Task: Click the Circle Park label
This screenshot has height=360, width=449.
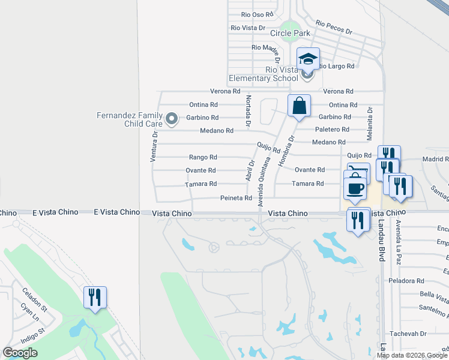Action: pos(290,33)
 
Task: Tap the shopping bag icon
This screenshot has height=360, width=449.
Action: pos(299,106)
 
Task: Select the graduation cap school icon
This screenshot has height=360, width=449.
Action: pos(308,59)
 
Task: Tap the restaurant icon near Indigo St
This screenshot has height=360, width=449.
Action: pos(95,297)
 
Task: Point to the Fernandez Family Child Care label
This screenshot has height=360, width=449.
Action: pos(130,119)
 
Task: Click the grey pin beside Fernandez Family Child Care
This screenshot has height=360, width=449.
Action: pos(172,118)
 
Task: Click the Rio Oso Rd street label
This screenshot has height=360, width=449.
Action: pos(256,14)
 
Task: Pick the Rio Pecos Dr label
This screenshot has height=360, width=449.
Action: pos(333,28)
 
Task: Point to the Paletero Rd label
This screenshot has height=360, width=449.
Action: pos(332,130)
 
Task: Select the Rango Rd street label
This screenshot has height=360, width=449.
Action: pos(203,157)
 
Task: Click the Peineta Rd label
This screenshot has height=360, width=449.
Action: pos(235,197)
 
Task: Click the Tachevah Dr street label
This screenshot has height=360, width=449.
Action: pos(408,334)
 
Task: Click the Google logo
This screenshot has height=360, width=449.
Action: pos(20,353)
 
